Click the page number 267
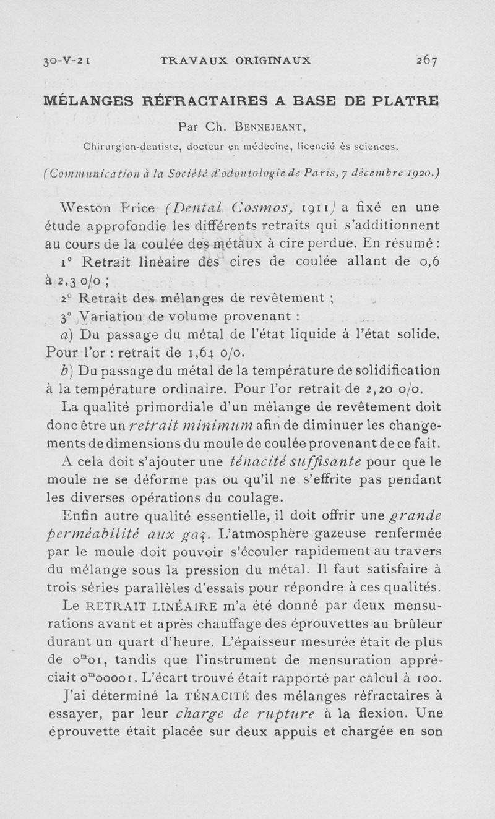426,61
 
